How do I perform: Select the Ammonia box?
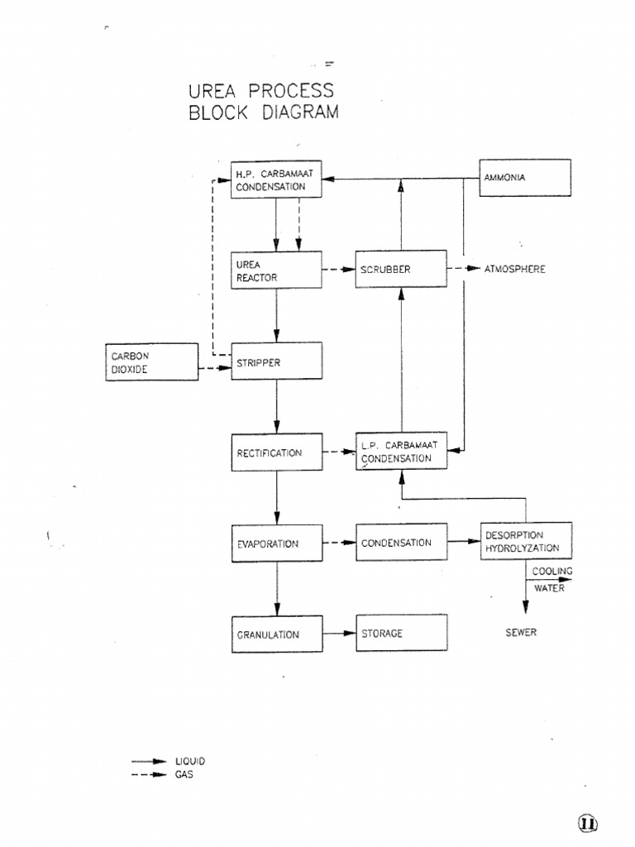(x=525, y=178)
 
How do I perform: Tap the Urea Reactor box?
(x=276, y=270)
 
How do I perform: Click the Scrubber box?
(x=401, y=270)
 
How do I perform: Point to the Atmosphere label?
(x=514, y=270)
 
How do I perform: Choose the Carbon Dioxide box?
(x=152, y=361)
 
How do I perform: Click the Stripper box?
(x=276, y=361)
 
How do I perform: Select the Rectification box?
(x=276, y=452)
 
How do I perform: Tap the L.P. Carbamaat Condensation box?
(x=401, y=452)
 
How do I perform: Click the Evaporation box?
(x=276, y=543)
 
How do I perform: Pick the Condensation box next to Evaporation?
(x=401, y=543)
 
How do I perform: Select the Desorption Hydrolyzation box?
(x=525, y=542)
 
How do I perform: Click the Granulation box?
(x=276, y=634)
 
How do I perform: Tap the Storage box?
(x=401, y=633)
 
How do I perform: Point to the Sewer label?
(x=521, y=633)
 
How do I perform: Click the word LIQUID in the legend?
(x=189, y=761)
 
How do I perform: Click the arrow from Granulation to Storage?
(x=339, y=634)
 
